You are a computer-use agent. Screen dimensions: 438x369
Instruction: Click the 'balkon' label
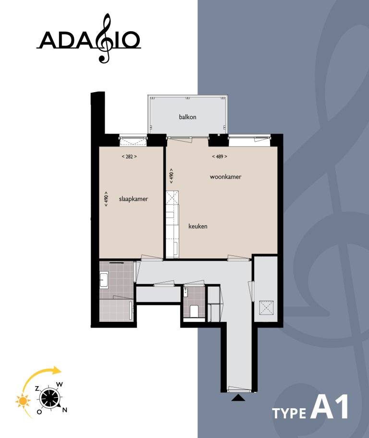tap(187, 117)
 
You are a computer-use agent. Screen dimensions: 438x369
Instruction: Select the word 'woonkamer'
tap(225, 177)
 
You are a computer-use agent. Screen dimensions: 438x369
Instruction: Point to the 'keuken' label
tap(198, 226)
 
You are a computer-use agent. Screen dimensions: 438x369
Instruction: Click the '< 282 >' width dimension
tap(129, 157)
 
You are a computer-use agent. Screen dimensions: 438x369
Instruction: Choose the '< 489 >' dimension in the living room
tap(220, 157)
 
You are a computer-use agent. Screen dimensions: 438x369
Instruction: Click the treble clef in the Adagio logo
tap(104, 38)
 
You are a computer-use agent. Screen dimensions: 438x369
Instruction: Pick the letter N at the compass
tap(65, 410)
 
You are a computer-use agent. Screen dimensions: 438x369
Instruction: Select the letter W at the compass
tap(60, 384)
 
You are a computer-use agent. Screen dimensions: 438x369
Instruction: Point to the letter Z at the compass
tap(37, 388)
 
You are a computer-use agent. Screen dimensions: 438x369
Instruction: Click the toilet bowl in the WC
tap(193, 311)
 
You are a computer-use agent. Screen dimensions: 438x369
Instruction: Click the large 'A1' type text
tap(329, 406)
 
